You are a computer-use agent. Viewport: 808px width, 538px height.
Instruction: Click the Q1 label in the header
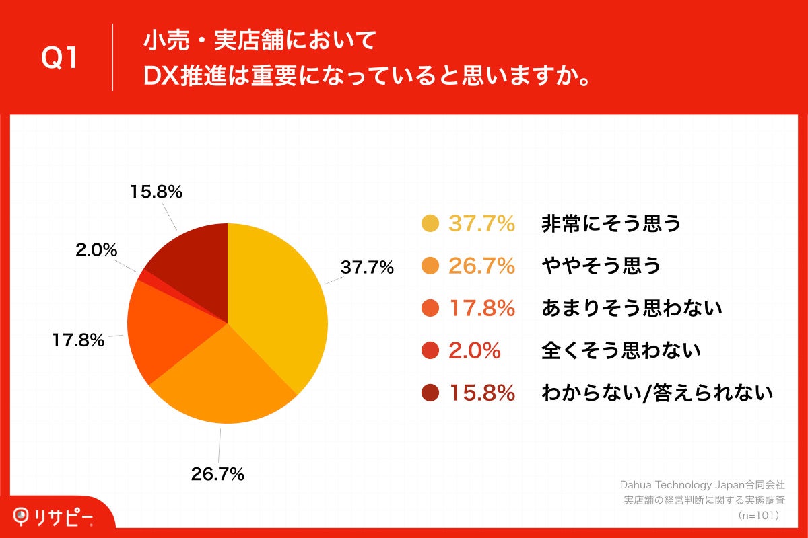coord(61,59)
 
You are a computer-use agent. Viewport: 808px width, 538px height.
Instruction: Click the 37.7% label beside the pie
coord(367,268)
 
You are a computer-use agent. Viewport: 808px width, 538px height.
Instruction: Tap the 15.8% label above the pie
coord(156,192)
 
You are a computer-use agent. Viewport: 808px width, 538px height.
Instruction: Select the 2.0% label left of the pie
coord(96,251)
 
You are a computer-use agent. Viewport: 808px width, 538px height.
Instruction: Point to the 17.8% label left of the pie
coord(78,340)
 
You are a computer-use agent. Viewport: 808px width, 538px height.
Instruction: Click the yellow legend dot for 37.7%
coord(430,224)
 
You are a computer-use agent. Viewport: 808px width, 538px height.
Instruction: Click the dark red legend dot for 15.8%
coord(430,393)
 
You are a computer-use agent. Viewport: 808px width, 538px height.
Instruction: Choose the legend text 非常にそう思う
coord(611,224)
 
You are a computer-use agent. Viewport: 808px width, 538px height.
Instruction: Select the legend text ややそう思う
coord(601,266)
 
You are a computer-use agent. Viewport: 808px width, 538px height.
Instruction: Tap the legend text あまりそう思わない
coord(632,309)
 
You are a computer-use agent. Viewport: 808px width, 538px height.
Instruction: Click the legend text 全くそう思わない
coord(621,350)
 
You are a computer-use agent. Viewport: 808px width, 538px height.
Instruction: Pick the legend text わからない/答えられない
coord(656,393)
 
